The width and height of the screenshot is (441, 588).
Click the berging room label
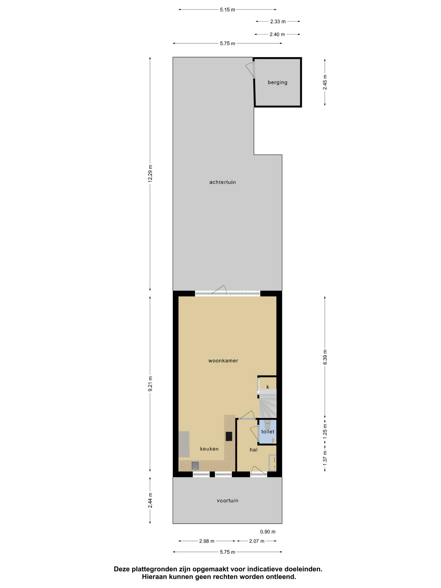point(277,82)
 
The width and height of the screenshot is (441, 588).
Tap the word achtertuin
point(223,182)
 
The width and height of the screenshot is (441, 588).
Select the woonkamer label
point(223,360)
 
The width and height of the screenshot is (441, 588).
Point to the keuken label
point(209,449)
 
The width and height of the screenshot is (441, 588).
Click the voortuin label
point(228,500)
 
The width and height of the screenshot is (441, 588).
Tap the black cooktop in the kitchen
point(229,436)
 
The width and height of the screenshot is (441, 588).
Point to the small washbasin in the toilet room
point(274,440)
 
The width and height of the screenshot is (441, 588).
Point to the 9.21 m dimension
point(150,384)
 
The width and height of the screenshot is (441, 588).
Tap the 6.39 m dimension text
point(325,357)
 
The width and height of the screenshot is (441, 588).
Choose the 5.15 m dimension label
point(228,10)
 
